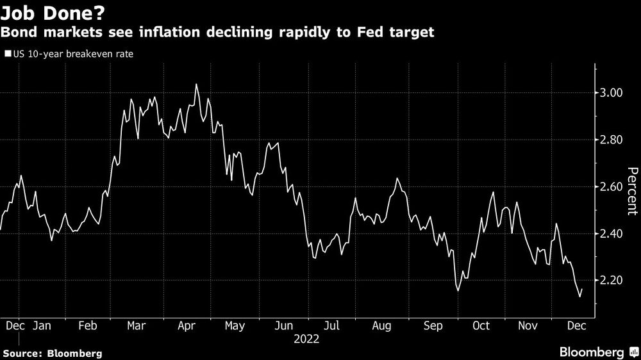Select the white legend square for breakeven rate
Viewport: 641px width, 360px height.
coord(8,54)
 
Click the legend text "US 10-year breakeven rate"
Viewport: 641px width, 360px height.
coord(72,54)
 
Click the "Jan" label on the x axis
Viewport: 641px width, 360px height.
coord(42,325)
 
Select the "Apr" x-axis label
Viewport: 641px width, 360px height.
coord(186,325)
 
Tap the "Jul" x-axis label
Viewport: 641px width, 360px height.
coord(332,325)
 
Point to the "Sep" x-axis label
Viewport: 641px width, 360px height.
coord(433,325)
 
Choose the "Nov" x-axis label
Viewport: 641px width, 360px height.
coord(528,325)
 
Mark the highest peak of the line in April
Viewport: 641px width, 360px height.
coord(196,84)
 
